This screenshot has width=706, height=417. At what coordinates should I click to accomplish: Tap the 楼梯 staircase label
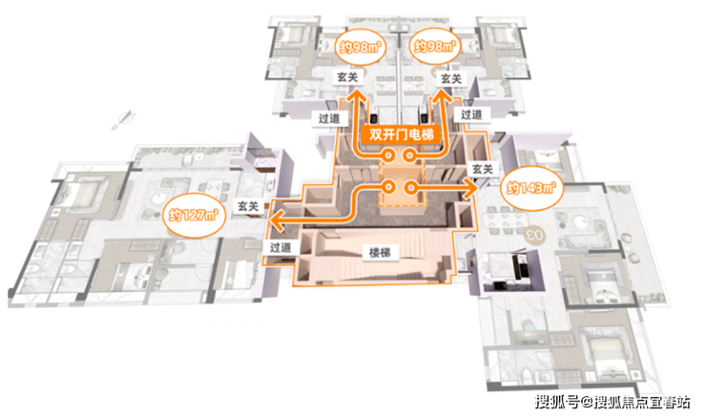(376, 254)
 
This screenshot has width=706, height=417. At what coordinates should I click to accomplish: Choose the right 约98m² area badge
(433, 45)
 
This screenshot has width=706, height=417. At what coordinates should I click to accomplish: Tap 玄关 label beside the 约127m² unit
(248, 205)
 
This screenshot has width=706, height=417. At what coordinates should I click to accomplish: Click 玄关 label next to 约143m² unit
(482, 169)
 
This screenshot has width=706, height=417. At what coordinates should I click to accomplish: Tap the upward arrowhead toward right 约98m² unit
(444, 96)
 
